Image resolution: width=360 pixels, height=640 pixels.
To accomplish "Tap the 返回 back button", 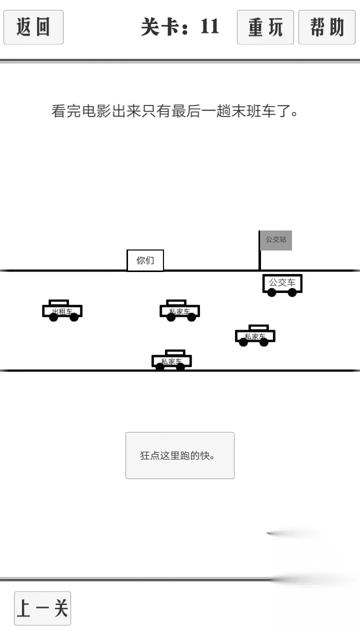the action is coord(33,27).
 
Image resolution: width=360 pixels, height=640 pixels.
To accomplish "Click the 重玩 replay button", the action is coord(265,27).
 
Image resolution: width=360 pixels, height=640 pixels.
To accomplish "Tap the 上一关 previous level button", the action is coord(42,608).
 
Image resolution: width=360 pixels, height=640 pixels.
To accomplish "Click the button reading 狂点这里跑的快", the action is coord(180,455).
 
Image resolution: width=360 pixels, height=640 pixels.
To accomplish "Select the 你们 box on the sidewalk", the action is coord(145,260).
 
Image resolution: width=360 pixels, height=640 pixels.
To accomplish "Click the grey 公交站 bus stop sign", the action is coord(276,240).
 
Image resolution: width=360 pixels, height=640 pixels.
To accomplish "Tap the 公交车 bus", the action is coord(282,285).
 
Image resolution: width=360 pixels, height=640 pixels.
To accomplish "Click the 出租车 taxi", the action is coord(62,310).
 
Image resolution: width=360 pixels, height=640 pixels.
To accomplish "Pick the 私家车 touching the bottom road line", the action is coord(171,360).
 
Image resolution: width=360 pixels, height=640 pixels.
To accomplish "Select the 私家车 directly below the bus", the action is coord(255,335).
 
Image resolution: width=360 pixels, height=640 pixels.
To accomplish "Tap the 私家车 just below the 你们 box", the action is coord(179,310).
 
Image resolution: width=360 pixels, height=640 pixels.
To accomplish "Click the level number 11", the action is coord(210,27).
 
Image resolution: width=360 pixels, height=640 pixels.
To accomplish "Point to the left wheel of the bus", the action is coord(271,292).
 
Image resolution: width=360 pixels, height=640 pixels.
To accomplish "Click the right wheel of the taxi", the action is coord(74,317).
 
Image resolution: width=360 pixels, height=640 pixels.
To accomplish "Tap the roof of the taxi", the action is coord(59,302).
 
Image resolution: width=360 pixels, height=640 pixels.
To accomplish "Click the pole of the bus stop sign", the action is coord(259,250).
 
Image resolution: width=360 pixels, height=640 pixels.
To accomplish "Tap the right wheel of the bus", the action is coord(292,292).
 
